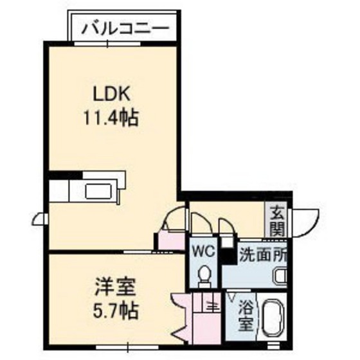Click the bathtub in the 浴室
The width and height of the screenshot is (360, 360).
coord(276,319)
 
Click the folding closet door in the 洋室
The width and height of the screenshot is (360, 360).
coord(180,315)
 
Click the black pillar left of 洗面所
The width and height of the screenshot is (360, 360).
coord(227,253)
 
